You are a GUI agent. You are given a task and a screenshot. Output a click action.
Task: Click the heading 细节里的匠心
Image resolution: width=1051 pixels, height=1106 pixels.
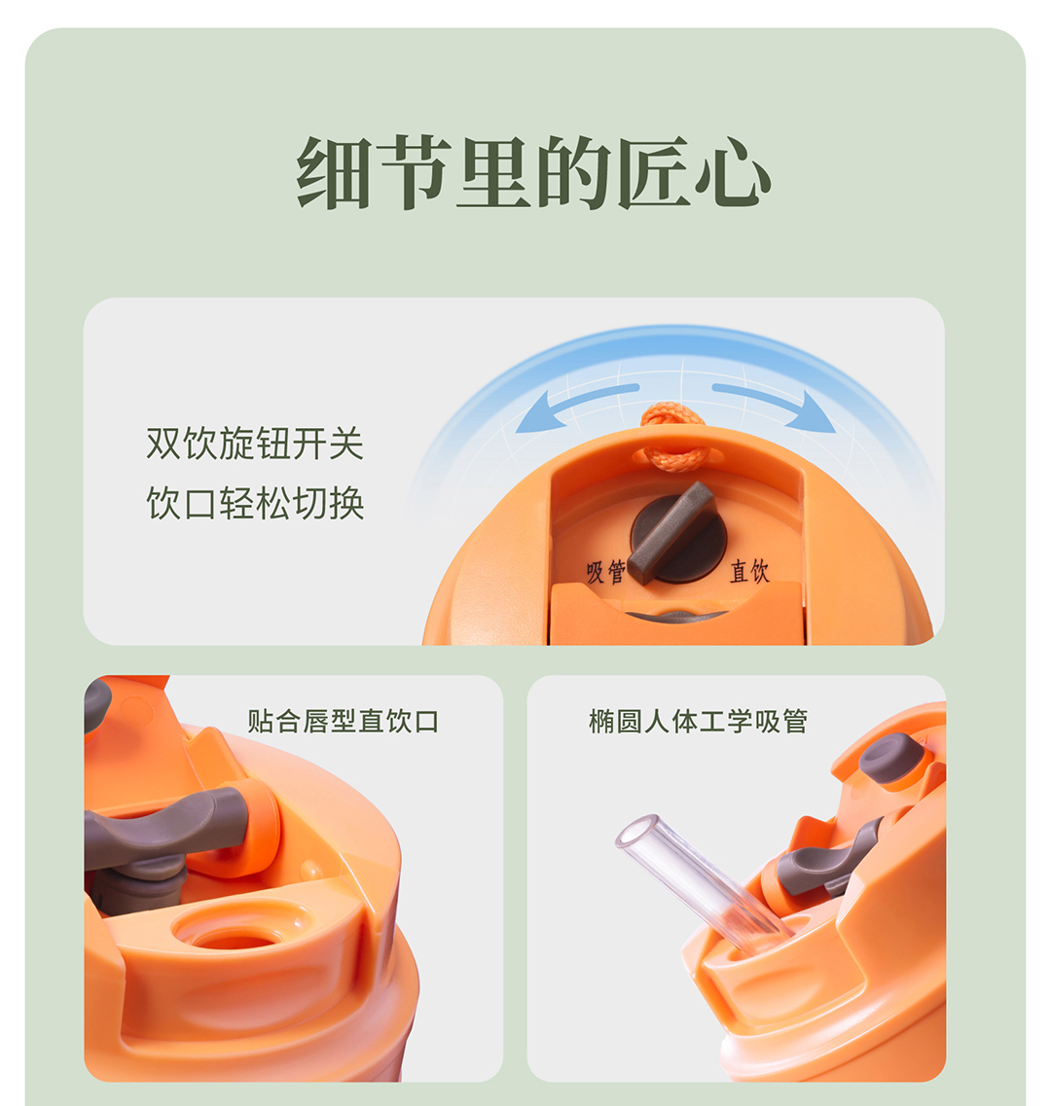533,171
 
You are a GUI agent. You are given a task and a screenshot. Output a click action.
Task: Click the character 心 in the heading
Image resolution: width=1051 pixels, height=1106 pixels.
733,172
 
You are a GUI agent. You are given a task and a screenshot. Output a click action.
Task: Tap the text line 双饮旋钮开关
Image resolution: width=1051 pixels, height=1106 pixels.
255,444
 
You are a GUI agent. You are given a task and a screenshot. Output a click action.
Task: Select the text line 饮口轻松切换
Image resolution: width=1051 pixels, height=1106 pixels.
255,503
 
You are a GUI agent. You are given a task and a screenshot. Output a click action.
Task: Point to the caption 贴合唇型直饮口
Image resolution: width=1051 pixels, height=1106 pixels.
344,721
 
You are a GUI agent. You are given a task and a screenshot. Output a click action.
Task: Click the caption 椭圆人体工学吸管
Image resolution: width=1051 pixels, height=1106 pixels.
698,721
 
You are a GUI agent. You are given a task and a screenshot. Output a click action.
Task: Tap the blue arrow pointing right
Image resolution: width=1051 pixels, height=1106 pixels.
775,407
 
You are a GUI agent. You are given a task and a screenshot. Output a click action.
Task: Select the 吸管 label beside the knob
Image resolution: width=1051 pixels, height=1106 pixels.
605,571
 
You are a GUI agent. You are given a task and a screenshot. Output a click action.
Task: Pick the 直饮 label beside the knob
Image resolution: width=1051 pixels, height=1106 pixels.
749,570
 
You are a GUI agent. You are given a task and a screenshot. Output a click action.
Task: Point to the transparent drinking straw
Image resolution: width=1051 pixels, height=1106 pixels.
703,880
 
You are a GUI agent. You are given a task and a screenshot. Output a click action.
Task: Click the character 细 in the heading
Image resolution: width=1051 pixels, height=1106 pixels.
333,172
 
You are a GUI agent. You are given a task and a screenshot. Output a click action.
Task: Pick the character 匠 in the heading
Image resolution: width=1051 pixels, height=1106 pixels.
653,172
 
